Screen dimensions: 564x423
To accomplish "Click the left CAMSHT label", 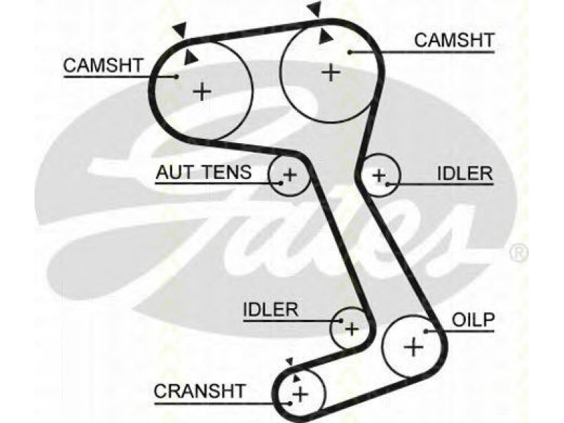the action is [103, 66].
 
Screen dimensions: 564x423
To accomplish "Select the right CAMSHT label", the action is [454, 40].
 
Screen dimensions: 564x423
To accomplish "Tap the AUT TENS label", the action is [204, 172].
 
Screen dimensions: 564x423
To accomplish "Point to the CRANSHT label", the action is [200, 391].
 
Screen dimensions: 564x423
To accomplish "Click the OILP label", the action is [473, 320].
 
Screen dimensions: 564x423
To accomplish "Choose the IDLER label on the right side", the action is [465, 173].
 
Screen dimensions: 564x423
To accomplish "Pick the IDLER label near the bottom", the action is [271, 309].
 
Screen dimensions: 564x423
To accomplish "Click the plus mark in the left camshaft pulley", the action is [202, 92].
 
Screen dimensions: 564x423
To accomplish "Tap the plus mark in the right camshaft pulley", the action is [331, 73].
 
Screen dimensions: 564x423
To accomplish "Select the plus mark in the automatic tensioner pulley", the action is [290, 175].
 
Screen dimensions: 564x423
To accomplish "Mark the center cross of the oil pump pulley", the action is [414, 348].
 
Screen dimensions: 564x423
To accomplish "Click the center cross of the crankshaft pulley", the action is [300, 395].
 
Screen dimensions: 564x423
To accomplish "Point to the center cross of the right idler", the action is [379, 176].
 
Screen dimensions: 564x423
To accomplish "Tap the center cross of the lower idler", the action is [351, 329].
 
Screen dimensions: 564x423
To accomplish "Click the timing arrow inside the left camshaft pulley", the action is [190, 58].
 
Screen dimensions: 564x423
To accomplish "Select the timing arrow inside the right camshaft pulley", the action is [325, 37].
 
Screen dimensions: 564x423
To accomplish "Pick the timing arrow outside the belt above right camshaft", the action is [315, 9].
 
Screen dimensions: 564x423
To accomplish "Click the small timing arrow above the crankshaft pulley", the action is [290, 362].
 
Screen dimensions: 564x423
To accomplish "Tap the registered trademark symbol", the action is [519, 253].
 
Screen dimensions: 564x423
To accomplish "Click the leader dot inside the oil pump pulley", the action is [426, 331].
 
